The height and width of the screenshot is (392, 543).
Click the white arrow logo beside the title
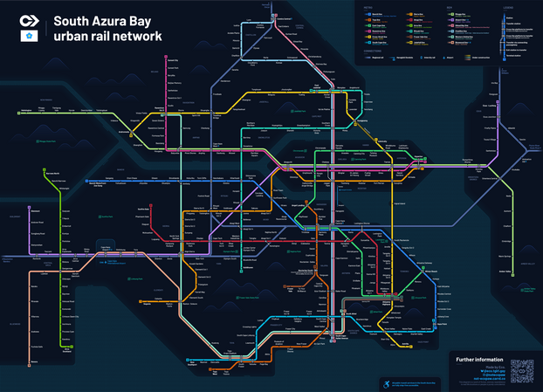pos(29,20)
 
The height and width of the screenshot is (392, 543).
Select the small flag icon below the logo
pos(29,37)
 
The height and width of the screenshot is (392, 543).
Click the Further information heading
pos(478,359)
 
